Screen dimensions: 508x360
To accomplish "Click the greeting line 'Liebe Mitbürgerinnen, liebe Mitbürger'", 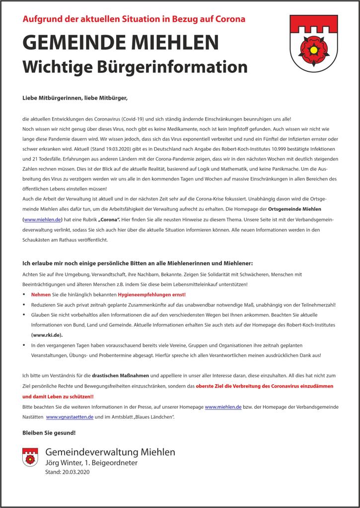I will (x=75, y=98).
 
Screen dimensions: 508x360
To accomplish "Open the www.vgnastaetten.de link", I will (x=70, y=417).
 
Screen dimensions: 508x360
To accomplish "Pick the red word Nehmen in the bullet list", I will (x=41, y=294).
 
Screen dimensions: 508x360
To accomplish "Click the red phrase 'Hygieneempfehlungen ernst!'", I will (x=154, y=294).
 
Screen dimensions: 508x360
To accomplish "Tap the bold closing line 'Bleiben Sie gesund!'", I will (x=49, y=433).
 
